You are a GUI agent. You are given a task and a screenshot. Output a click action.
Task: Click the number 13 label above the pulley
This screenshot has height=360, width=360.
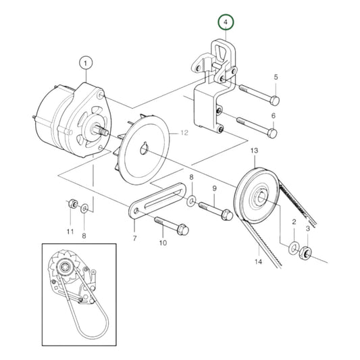[x=255, y=150]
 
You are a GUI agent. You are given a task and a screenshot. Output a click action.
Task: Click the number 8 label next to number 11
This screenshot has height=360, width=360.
[x=84, y=235]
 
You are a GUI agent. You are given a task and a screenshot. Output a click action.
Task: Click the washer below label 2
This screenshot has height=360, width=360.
[x=294, y=247]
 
